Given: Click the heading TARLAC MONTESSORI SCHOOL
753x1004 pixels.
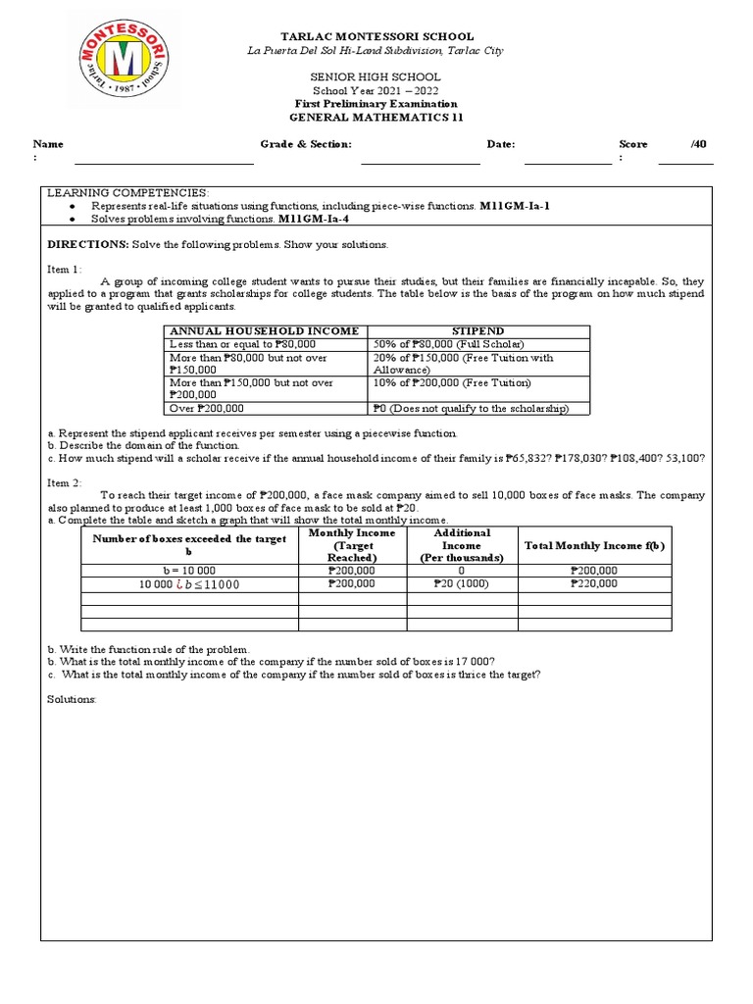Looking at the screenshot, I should (376, 35).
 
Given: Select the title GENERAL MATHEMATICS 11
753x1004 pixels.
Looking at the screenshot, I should (376, 118).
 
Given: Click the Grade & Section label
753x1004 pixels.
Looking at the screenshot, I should (306, 144).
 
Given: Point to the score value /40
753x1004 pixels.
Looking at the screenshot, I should (697, 144).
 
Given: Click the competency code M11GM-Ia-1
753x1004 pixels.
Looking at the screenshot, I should (514, 207).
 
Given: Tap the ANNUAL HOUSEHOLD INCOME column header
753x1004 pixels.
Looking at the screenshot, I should (264, 331).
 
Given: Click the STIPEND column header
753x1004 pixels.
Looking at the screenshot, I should (477, 331).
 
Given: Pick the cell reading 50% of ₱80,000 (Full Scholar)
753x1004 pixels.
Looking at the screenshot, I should (448, 344).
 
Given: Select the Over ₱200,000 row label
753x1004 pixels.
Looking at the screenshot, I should (207, 408).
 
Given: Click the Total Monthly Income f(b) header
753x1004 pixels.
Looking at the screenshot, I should (594, 544).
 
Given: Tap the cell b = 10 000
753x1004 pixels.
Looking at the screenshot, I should (189, 570).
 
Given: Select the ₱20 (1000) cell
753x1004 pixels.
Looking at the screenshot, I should (461, 583).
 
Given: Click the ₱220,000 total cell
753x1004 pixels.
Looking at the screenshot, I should (594, 583).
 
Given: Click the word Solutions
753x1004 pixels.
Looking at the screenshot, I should (72, 698).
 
